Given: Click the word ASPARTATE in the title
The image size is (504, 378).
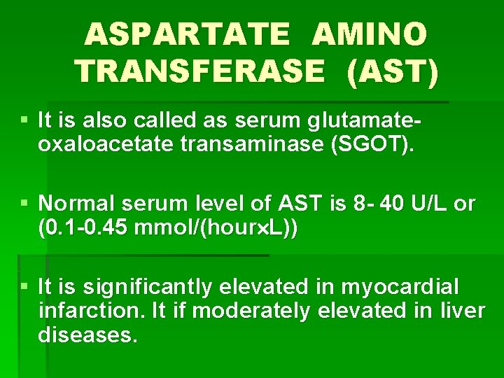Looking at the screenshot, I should [x=187, y=34].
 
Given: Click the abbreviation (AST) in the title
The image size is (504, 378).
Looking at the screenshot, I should [x=393, y=70].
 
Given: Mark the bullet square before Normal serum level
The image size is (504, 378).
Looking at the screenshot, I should [x=25, y=204].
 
